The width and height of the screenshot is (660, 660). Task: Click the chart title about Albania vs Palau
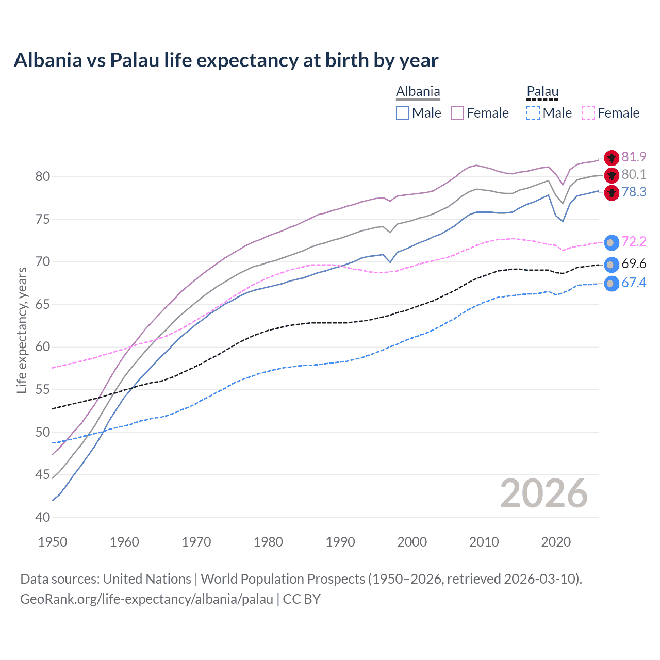pyautogui.click(x=226, y=60)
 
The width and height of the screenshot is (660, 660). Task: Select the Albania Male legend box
pyautogui.click(x=403, y=113)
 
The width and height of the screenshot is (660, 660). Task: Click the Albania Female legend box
pyautogui.click(x=457, y=113)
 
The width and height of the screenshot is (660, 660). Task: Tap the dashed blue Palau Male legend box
pyautogui.click(x=533, y=113)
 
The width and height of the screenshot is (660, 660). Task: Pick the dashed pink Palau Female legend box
pyautogui.click(x=588, y=113)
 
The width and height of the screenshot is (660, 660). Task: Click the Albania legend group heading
pyautogui.click(x=418, y=91)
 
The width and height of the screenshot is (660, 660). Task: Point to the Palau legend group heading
pyautogui.click(x=542, y=91)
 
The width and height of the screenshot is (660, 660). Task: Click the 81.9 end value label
pyautogui.click(x=634, y=157)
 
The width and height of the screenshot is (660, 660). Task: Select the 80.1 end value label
pyautogui.click(x=634, y=175)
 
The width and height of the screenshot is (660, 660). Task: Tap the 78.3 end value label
pyautogui.click(x=634, y=192)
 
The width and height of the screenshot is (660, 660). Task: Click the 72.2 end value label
pyautogui.click(x=634, y=241)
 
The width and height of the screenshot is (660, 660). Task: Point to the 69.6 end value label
pyautogui.click(x=634, y=264)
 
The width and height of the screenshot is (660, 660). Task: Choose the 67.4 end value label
pyautogui.click(x=634, y=283)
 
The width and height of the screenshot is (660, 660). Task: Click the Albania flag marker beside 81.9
pyautogui.click(x=612, y=158)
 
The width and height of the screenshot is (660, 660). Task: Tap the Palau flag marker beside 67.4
pyautogui.click(x=611, y=284)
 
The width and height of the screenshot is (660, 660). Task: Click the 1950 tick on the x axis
pyautogui.click(x=53, y=542)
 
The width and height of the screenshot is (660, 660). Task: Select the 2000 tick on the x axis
pyautogui.click(x=412, y=542)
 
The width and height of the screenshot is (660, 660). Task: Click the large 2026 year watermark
pyautogui.click(x=543, y=493)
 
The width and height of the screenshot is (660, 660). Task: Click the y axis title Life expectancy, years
pyautogui.click(x=22, y=330)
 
